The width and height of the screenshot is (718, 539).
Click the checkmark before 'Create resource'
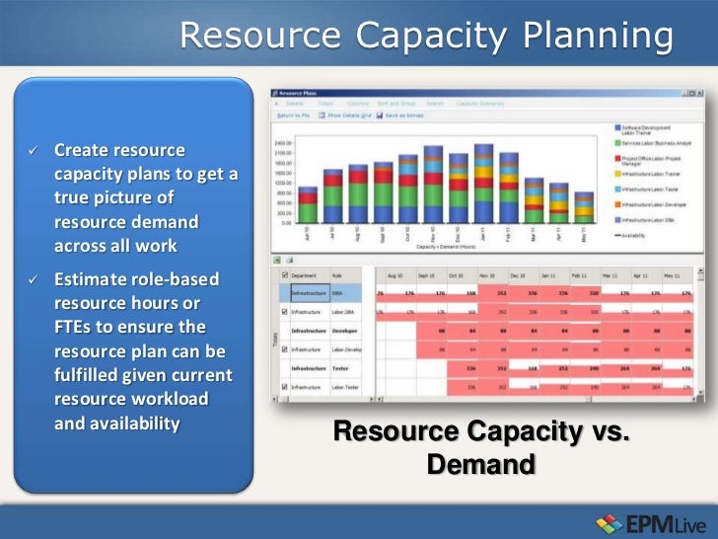[33, 150]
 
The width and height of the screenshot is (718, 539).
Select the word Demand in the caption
[480, 463]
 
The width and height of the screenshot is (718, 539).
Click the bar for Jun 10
[309, 204]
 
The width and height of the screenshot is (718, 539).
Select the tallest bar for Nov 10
[433, 184]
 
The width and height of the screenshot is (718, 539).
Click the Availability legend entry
[648, 235]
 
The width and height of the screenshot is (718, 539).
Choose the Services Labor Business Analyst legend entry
[656, 143]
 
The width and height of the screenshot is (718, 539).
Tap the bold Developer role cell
[345, 331]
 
